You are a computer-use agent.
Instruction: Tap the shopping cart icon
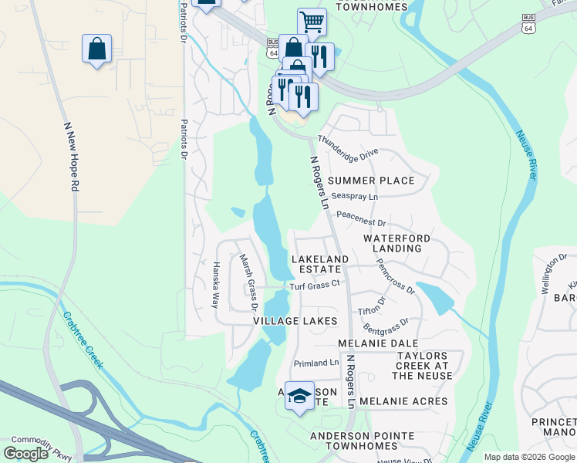click(312, 22)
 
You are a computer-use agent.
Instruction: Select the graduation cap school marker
click(299, 396)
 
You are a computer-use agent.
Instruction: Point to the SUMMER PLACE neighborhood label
click(371, 181)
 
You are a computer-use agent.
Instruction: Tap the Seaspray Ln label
click(355, 197)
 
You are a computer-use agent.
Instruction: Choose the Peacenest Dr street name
click(359, 221)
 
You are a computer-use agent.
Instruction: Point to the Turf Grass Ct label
click(315, 286)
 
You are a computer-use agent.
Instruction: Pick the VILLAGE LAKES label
click(295, 320)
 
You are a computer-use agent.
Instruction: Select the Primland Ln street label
click(316, 363)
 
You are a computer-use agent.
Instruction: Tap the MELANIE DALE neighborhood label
click(378, 343)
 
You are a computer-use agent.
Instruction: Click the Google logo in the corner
click(25, 454)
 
